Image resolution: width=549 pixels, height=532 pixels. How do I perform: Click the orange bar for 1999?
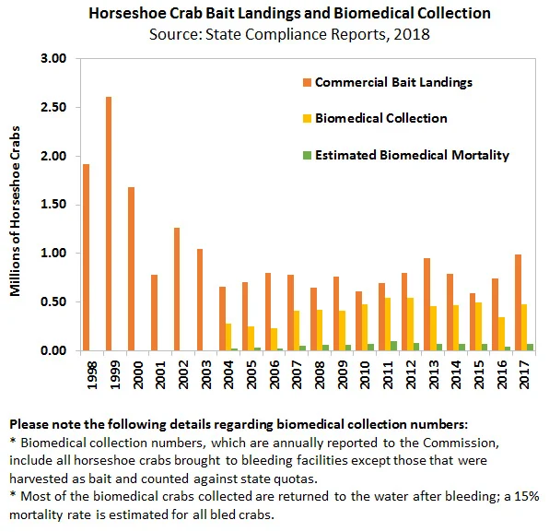[109, 224]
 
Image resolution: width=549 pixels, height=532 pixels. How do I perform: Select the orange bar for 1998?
[86, 257]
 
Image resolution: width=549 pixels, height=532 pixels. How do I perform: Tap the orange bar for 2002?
[177, 290]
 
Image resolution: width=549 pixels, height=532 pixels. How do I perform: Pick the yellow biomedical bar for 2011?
[388, 325]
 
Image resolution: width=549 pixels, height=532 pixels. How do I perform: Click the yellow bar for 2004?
[228, 337]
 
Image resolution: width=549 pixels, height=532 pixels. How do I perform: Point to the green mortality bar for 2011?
[394, 346]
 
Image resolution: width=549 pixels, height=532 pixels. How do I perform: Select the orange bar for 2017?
[519, 302]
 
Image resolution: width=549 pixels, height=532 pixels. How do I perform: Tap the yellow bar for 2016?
[501, 334]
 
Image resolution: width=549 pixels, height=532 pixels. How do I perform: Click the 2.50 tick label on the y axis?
[53, 107]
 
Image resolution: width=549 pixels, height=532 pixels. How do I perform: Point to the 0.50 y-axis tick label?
[53, 301]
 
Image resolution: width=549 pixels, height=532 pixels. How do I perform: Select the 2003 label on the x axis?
[206, 375]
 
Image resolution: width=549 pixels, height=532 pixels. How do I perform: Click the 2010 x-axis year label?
[366, 375]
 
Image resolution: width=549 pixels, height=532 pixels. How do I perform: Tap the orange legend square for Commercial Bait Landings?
[307, 83]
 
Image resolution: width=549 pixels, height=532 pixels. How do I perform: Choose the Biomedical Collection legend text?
[381, 118]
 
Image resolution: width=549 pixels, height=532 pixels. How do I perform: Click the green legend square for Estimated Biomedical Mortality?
[307, 155]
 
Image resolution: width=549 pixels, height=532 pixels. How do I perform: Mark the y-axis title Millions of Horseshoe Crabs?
[15, 211]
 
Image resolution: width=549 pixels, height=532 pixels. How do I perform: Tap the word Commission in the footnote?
[460, 443]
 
